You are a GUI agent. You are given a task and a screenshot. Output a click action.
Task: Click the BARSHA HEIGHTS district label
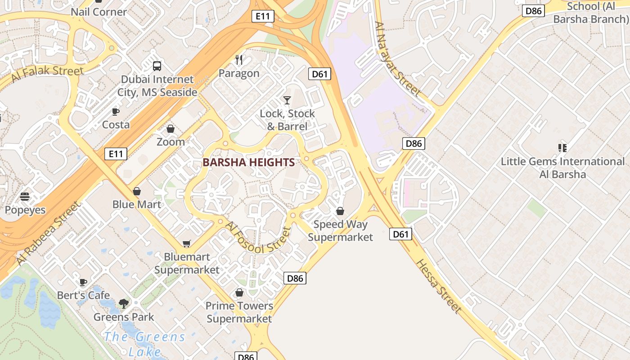click(248, 162)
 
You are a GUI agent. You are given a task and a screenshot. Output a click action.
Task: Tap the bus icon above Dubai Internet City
click(157, 66)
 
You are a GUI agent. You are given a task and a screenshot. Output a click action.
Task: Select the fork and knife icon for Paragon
click(239, 60)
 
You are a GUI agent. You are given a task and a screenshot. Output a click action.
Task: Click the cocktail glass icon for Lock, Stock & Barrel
click(287, 100)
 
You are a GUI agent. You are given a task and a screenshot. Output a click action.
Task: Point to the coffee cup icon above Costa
click(116, 112)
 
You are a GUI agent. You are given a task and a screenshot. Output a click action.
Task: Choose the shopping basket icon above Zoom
click(171, 129)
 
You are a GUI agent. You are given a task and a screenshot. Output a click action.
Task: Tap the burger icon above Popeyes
click(25, 197)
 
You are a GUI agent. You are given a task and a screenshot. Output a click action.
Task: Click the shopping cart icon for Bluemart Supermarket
click(187, 243)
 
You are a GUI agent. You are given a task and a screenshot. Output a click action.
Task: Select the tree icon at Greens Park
click(124, 304)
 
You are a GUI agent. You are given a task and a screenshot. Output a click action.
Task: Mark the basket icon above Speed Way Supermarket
click(340, 211)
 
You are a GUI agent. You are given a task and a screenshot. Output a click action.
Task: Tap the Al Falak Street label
click(47, 73)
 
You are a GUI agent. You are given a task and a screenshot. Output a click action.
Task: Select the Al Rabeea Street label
click(48, 233)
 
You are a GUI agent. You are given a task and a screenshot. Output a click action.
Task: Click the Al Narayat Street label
click(398, 58)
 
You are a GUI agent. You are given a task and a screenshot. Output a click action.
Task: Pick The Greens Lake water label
click(144, 344)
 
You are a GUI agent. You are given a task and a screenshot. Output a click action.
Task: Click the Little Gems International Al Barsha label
click(562, 167)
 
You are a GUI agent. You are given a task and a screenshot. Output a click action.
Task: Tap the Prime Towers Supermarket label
click(239, 312)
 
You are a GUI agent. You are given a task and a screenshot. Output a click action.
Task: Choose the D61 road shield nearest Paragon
click(319, 74)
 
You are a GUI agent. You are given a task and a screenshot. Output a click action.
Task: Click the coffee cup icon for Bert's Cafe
click(83, 282)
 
